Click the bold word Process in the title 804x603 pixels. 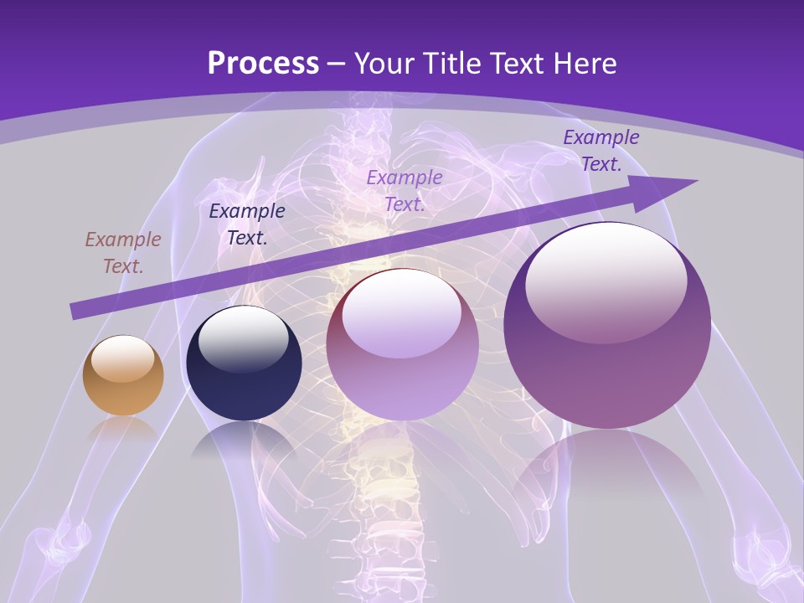[263, 64]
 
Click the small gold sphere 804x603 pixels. [123, 376]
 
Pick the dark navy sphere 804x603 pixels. [244, 363]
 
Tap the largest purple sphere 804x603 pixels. [607, 326]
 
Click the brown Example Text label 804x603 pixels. [123, 253]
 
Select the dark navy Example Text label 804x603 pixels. [247, 224]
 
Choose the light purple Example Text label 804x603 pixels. [405, 191]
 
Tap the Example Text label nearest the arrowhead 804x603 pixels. [601, 151]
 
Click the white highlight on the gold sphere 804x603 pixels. [123, 358]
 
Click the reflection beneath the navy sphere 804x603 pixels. [243, 439]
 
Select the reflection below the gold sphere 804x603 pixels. [123, 428]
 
